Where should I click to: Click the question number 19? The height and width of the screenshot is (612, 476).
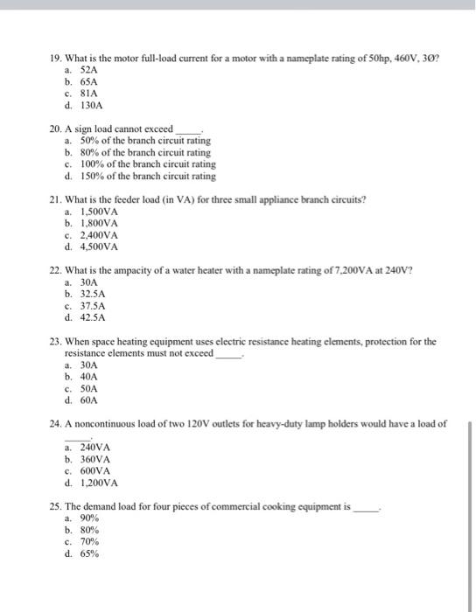tap(56, 57)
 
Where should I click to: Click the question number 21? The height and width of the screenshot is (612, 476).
tap(56, 198)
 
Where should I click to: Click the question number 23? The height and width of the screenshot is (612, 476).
tap(56, 342)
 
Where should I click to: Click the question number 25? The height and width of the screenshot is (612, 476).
tap(56, 505)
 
